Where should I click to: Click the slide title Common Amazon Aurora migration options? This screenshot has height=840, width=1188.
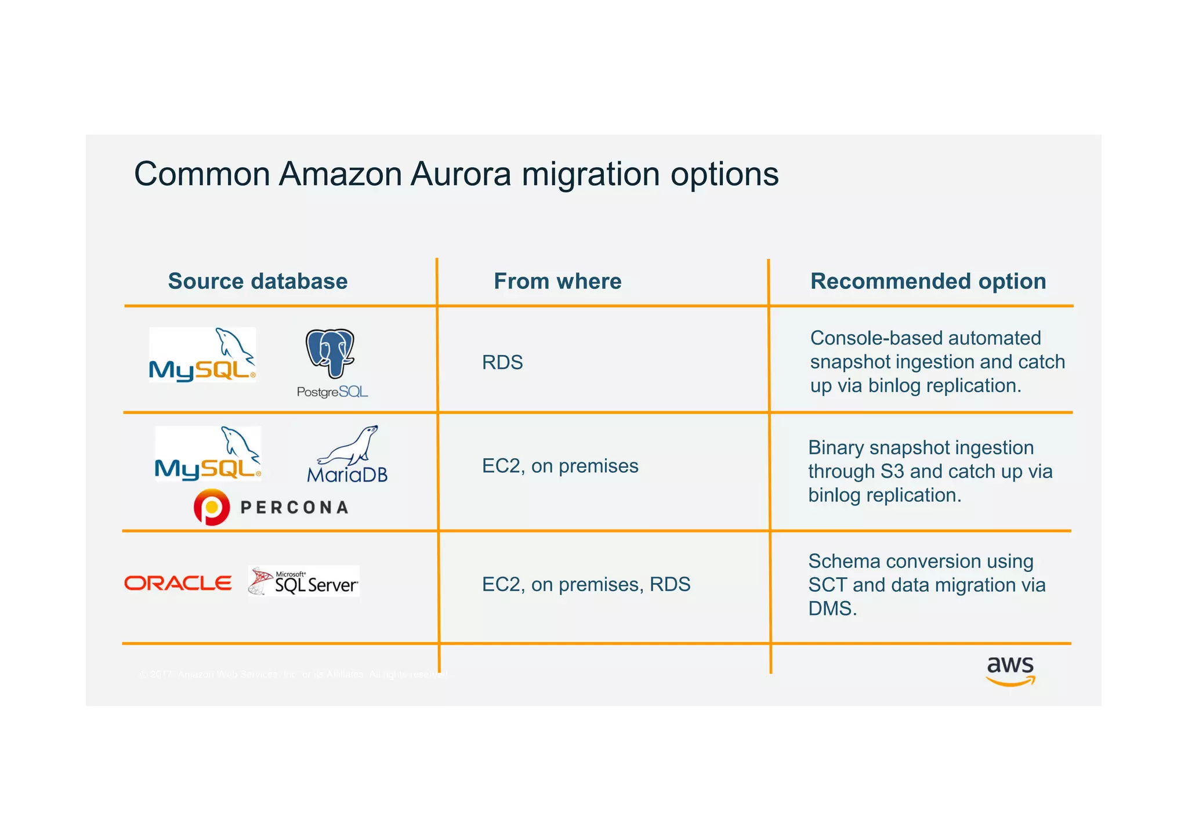(456, 174)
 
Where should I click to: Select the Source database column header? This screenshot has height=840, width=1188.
(258, 281)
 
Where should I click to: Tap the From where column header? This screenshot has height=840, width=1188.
(557, 281)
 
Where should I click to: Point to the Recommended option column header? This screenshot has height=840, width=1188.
(928, 281)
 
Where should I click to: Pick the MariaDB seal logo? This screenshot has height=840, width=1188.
(347, 455)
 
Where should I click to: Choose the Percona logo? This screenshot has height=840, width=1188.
(271, 507)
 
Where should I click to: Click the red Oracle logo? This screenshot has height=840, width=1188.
(178, 583)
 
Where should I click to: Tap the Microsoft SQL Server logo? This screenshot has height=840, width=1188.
(304, 581)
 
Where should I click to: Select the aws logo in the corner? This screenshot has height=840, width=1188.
(1010, 671)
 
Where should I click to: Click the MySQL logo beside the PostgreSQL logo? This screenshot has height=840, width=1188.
(202, 355)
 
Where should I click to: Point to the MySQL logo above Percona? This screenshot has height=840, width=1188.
(208, 454)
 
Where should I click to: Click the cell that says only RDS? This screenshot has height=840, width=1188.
(502, 363)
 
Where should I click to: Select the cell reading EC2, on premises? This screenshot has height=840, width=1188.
(560, 466)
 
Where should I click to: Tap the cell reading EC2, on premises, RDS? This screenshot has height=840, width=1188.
(586, 584)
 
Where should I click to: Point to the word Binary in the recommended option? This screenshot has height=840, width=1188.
(836, 448)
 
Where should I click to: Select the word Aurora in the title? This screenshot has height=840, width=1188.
(461, 174)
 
